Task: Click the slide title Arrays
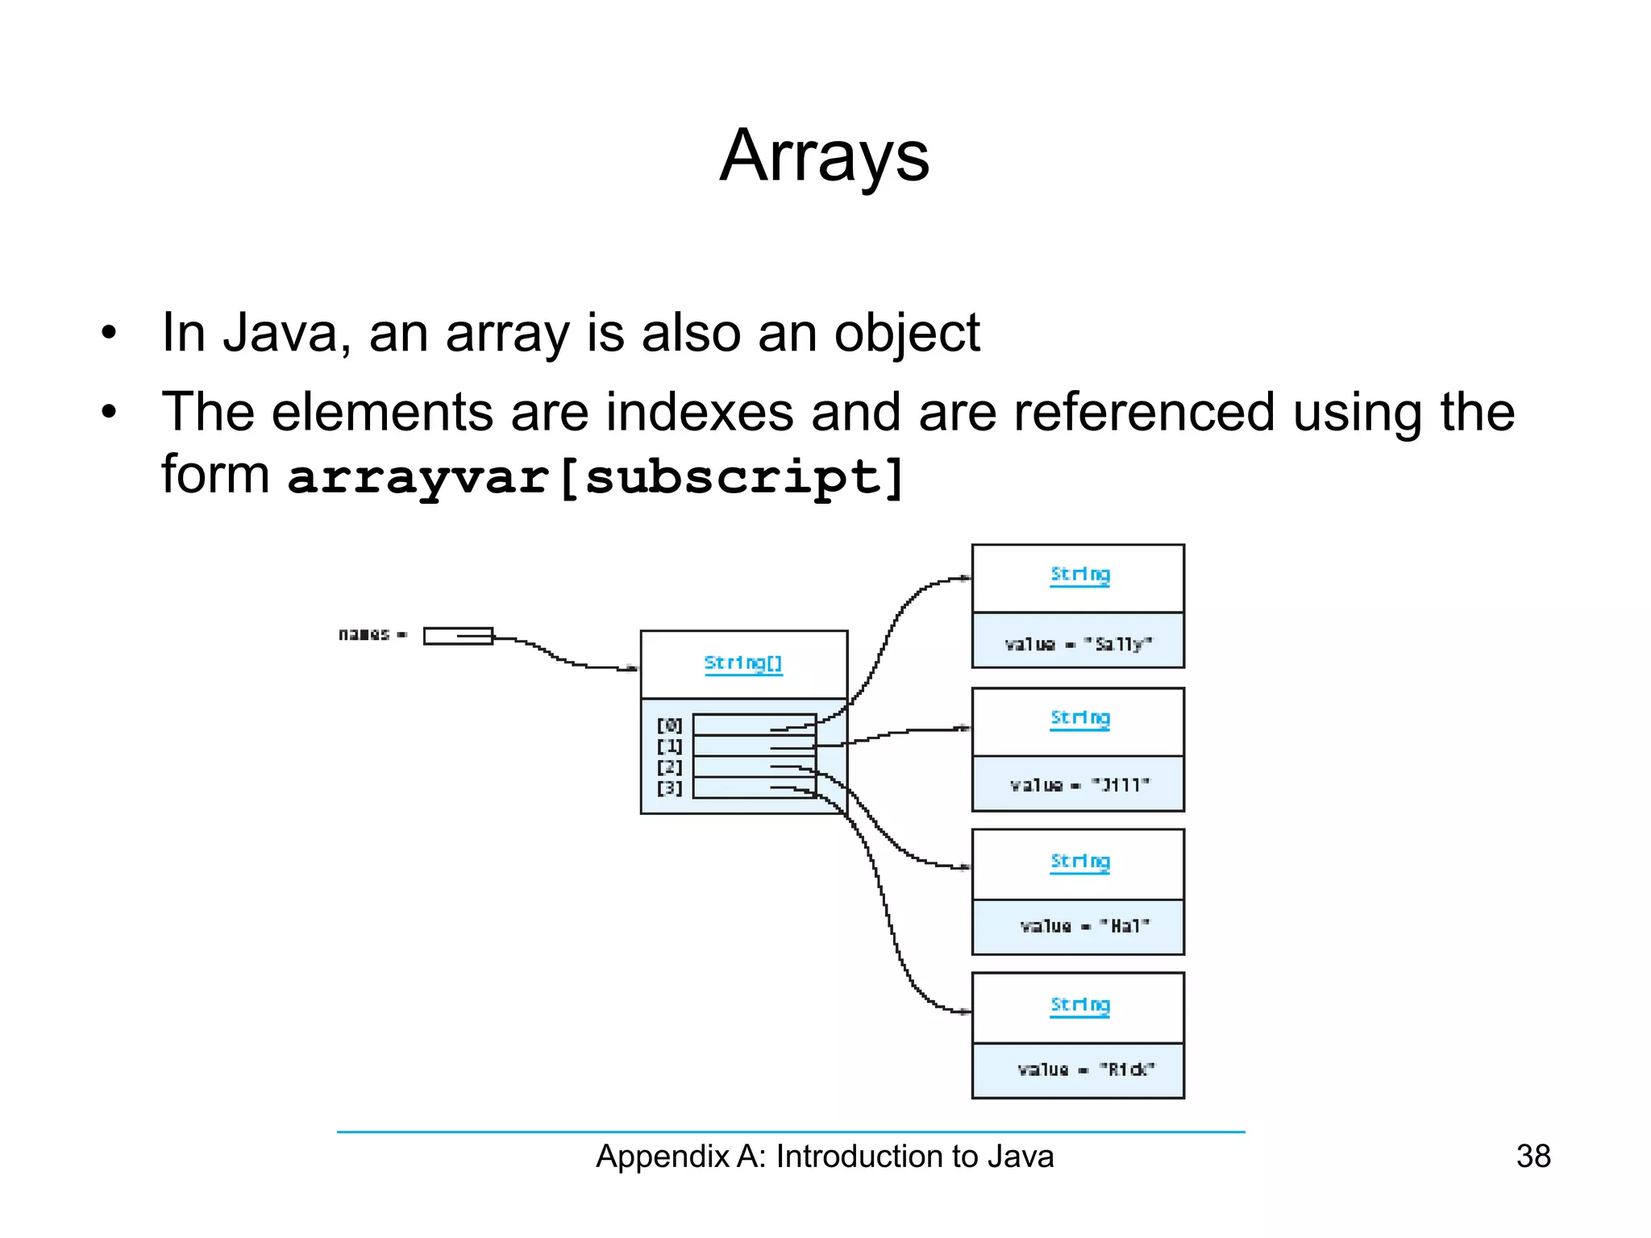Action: click(x=824, y=156)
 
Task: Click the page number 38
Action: click(x=1532, y=1156)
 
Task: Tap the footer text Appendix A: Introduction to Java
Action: click(x=824, y=1156)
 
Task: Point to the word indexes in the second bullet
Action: click(x=699, y=412)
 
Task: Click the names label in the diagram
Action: click(x=364, y=634)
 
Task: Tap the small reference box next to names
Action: click(x=458, y=636)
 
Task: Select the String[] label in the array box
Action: click(x=742, y=663)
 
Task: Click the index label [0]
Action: click(x=669, y=725)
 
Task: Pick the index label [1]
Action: click(x=669, y=746)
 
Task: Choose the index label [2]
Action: click(x=669, y=767)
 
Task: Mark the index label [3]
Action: click(x=669, y=788)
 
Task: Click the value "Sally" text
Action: click(x=1078, y=644)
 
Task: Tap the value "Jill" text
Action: click(x=1079, y=785)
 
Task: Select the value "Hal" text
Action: click(x=1083, y=927)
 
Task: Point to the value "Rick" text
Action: click(x=1085, y=1070)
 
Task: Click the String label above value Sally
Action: click(x=1079, y=575)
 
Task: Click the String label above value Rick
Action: click(x=1079, y=1005)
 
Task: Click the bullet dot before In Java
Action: click(x=110, y=333)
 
